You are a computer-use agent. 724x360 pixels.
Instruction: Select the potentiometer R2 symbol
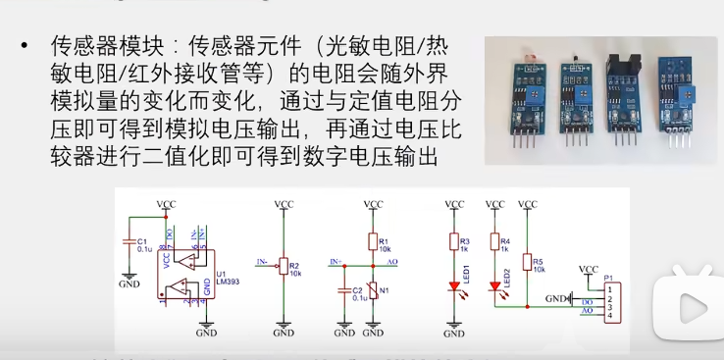[284, 265]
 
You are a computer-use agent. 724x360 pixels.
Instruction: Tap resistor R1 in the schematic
[373, 241]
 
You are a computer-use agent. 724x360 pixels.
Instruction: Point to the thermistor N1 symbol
[373, 291]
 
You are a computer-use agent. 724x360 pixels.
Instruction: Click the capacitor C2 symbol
[343, 290]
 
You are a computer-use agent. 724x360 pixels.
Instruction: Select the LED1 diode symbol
[454, 286]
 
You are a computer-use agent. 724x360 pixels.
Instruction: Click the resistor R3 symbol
[454, 241]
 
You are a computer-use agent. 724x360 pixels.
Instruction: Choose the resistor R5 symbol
[527, 263]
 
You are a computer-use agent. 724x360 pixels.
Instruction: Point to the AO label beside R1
[392, 262]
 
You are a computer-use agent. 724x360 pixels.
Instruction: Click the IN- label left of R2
[262, 262]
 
